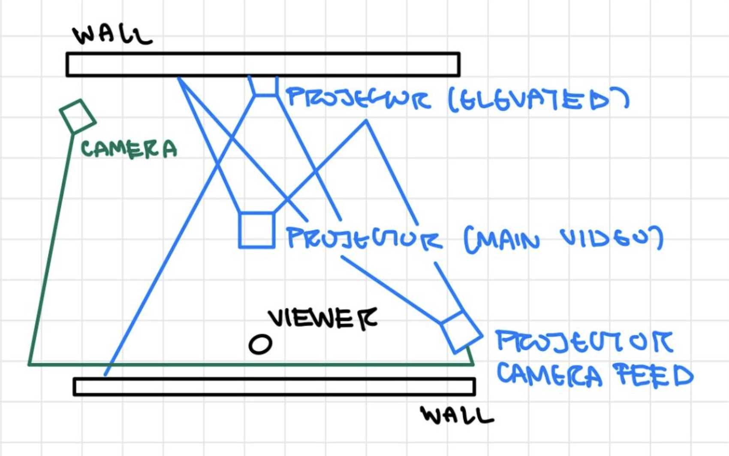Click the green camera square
[77, 116]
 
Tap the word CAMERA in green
[129, 149]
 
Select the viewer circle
[260, 344]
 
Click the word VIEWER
[322, 319]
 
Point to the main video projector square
[256, 230]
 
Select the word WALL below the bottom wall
[457, 415]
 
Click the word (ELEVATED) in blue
[539, 100]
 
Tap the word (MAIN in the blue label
[502, 240]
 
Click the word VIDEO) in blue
[612, 238]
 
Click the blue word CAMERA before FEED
[550, 375]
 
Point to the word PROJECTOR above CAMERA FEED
[584, 342]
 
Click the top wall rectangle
[263, 64]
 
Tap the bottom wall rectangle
[274, 386]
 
